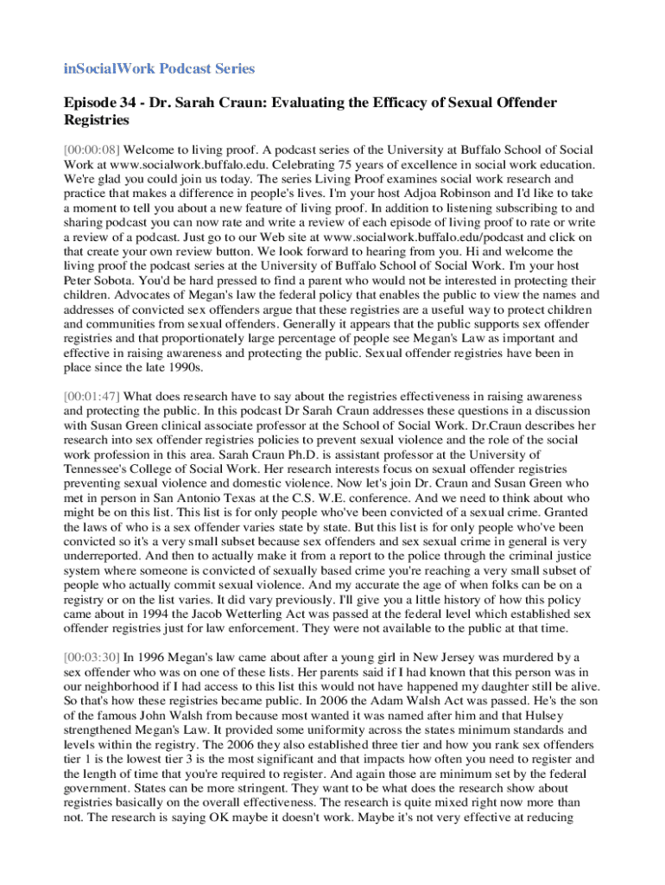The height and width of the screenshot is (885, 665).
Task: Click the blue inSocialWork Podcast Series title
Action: pos(160,68)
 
